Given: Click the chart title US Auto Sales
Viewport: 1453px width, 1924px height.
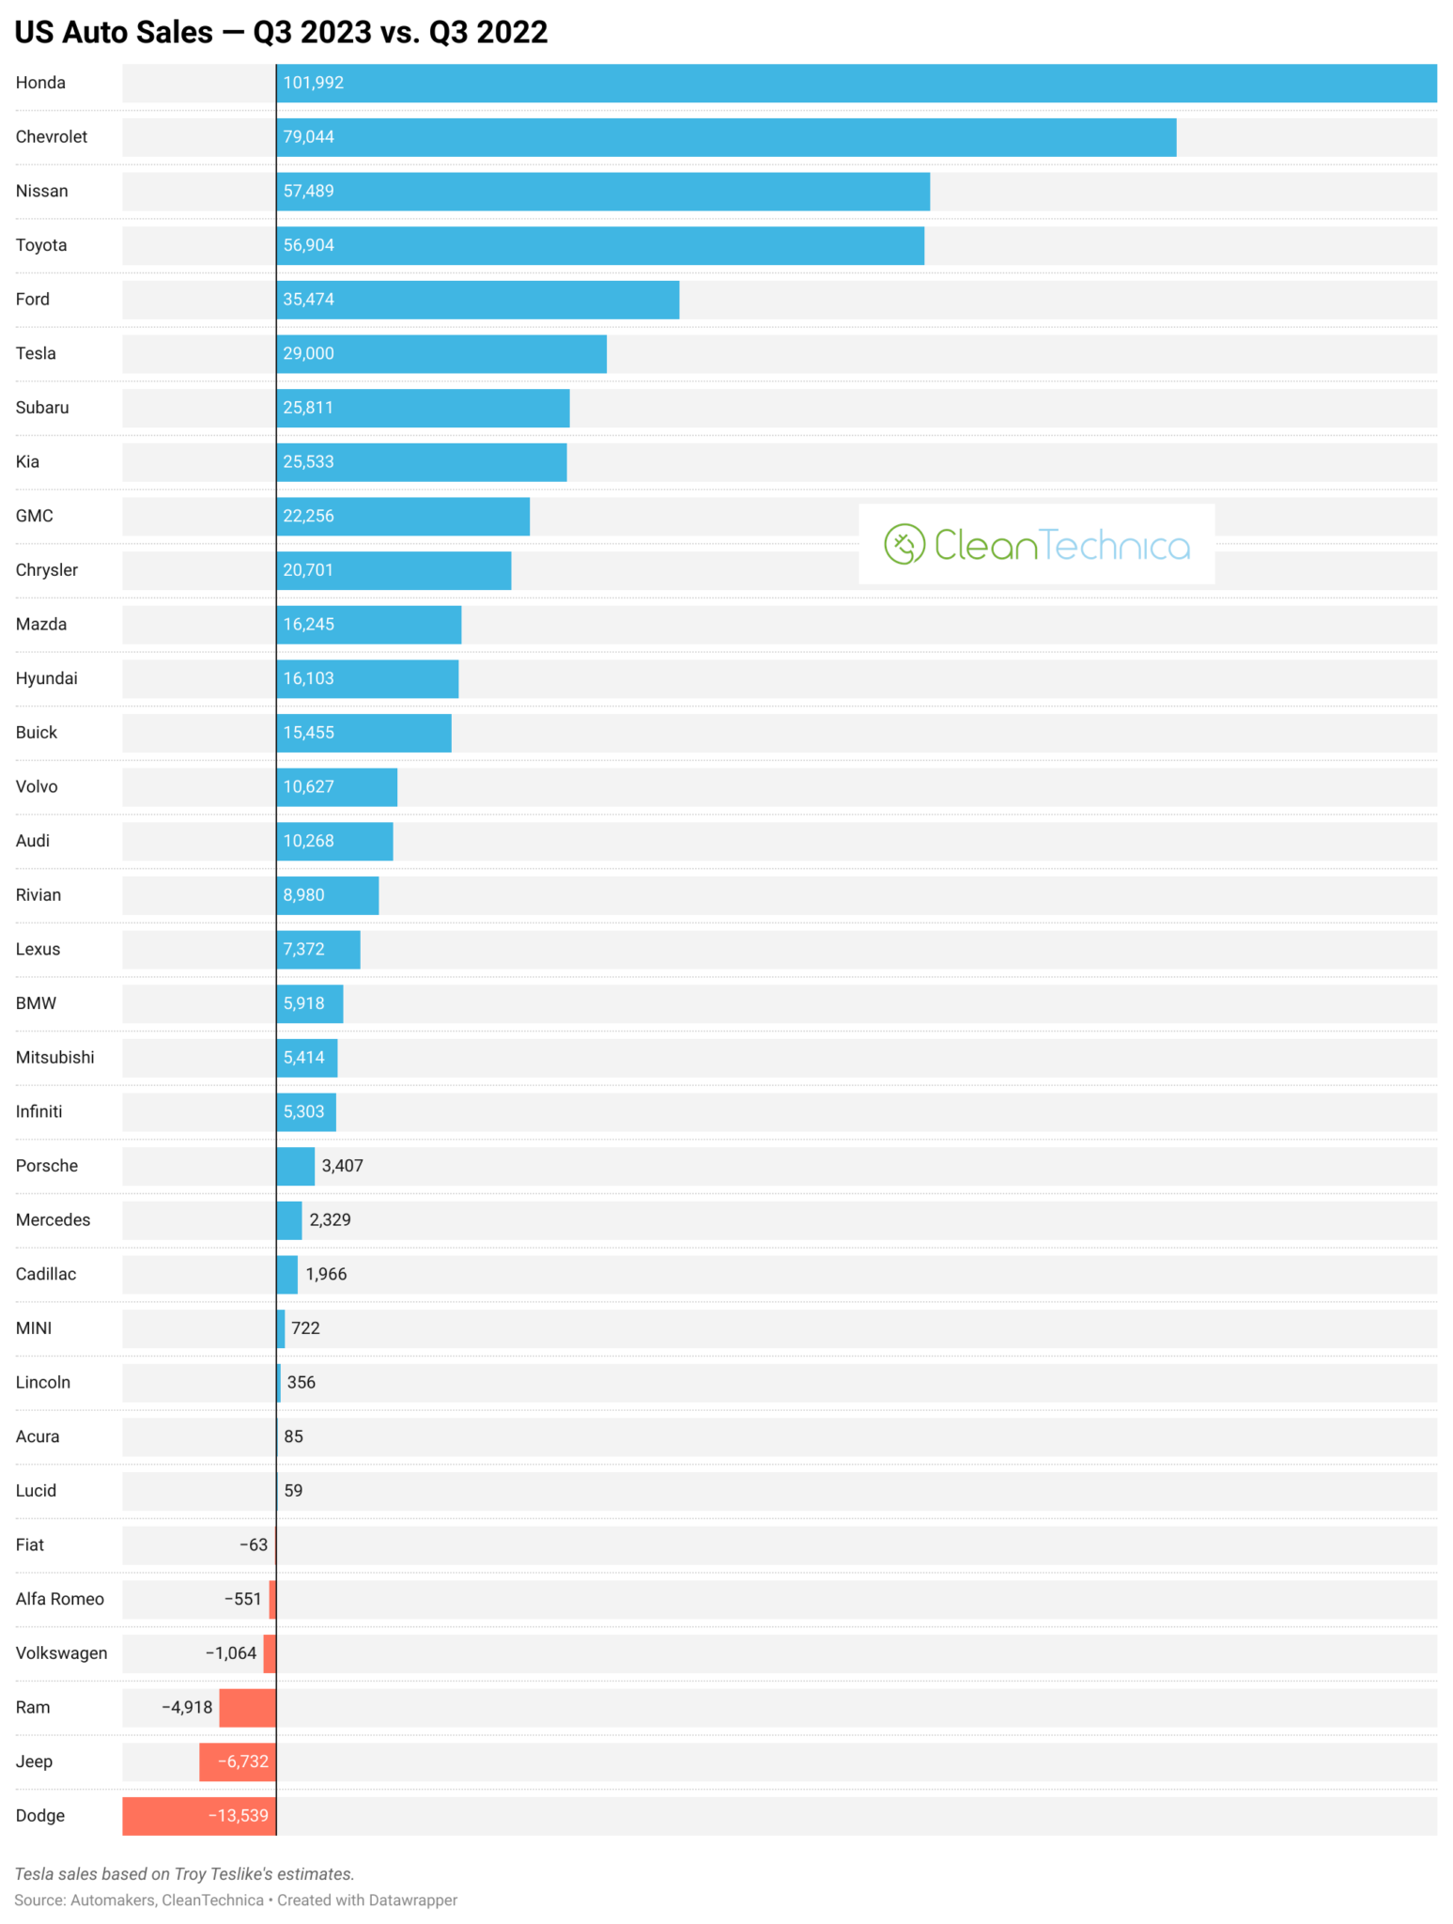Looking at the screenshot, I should pyautogui.click(x=281, y=32).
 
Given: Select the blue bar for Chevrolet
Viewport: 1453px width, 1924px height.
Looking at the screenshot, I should pyautogui.click(x=725, y=137).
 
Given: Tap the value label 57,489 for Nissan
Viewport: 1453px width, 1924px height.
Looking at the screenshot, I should pyautogui.click(x=308, y=191).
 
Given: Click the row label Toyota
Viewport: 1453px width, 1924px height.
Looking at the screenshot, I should pyautogui.click(x=41, y=245).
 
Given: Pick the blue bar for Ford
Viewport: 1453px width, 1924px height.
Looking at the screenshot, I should pyautogui.click(x=477, y=300).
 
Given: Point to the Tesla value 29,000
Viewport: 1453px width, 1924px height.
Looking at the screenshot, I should pyautogui.click(x=308, y=353).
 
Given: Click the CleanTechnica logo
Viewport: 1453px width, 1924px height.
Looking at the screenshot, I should pyautogui.click(x=1036, y=544).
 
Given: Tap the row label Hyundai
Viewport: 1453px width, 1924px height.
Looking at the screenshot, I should pyautogui.click(x=46, y=678).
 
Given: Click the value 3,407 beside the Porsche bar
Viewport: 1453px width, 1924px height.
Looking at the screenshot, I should pyautogui.click(x=342, y=1166).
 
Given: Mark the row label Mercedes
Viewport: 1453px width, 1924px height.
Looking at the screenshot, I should pyautogui.click(x=53, y=1219).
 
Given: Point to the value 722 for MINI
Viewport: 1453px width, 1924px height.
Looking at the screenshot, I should pyautogui.click(x=305, y=1328).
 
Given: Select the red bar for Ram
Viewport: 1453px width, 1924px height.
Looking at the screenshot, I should pyautogui.click(x=247, y=1708).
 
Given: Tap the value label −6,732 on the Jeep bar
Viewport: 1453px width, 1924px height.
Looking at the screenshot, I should pyautogui.click(x=242, y=1761).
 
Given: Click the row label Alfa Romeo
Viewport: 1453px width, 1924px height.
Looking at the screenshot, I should pyautogui.click(x=59, y=1599).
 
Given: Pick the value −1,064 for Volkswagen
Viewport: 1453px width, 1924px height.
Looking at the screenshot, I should pyautogui.click(x=231, y=1653).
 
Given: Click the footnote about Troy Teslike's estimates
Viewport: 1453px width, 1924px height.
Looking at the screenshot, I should pyautogui.click(x=184, y=1874).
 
